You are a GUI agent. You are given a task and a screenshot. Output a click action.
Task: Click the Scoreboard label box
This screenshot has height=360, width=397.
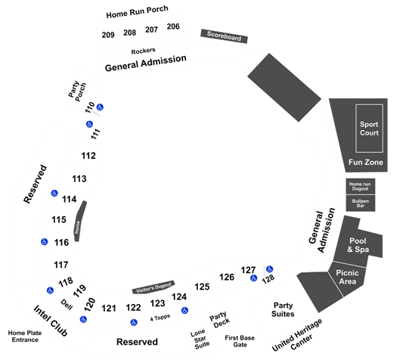tap(224, 36)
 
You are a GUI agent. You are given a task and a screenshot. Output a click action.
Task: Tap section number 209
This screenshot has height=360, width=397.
tap(108, 35)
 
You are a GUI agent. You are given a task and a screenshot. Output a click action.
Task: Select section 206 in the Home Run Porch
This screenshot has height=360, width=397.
tap(173, 26)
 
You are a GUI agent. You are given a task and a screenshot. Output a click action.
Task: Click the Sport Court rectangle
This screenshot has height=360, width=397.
tap(369, 129)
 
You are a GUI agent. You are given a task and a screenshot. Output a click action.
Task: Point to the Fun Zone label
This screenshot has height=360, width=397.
tap(365, 163)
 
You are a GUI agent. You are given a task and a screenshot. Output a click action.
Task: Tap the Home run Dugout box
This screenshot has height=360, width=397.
tap(361, 186)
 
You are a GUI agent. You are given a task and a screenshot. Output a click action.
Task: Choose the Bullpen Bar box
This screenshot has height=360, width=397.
tap(361, 203)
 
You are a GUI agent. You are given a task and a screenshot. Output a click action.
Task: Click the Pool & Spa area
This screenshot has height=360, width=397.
tap(358, 245)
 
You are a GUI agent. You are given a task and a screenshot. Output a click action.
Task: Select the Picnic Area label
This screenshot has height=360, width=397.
tap(347, 277)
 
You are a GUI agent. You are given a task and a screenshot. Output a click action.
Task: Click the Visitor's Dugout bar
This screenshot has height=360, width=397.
tap(154, 287)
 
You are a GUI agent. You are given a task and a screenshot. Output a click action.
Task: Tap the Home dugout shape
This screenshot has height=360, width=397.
tap(80, 221)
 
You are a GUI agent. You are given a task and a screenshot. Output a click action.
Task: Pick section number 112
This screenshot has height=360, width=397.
tap(88, 156)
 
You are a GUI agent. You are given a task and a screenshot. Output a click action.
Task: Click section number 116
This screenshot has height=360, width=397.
tap(61, 243)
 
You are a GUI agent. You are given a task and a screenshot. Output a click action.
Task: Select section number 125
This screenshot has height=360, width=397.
tap(202, 287)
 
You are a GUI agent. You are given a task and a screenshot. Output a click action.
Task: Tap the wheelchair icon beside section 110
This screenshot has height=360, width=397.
tap(100, 107)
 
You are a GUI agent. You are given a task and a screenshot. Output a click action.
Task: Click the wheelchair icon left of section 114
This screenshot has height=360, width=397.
tap(54, 193)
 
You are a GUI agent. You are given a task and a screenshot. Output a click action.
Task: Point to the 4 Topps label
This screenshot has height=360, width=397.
tap(160, 318)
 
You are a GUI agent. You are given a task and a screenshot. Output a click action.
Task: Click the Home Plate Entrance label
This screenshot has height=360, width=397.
tap(25, 337)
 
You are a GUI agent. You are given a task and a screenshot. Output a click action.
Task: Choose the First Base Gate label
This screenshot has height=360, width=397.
tap(240, 341)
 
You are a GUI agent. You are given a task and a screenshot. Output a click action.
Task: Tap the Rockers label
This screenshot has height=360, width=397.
tap(143, 51)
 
